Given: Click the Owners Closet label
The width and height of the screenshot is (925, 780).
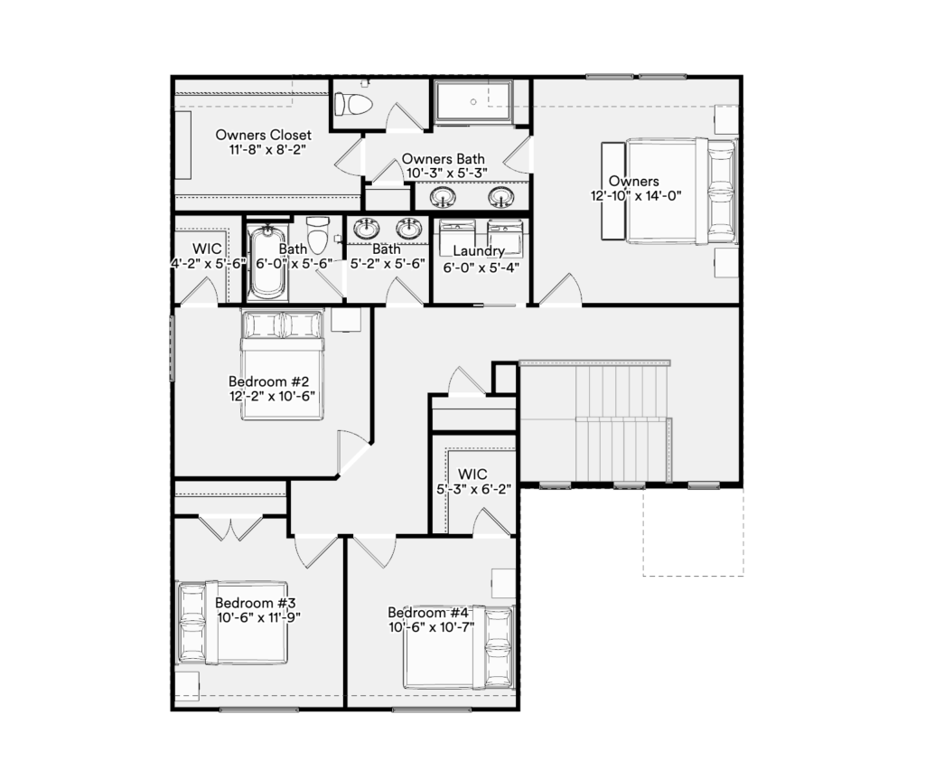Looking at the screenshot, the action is [x=263, y=136].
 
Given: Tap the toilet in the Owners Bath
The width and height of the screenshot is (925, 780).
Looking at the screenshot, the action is [x=353, y=105].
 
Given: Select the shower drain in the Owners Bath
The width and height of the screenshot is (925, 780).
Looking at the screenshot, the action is [x=473, y=101].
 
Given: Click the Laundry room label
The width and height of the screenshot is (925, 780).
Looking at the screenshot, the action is [x=479, y=251].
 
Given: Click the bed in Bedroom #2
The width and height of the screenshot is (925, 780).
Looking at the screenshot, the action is [x=282, y=365].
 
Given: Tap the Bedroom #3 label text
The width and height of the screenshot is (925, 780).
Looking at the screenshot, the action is [x=255, y=603].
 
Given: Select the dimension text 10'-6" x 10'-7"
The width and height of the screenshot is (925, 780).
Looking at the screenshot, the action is [x=431, y=627].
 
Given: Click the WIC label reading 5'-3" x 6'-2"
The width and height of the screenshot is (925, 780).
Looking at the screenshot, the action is [x=473, y=481].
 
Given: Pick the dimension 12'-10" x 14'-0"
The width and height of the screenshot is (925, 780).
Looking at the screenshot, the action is [x=636, y=195].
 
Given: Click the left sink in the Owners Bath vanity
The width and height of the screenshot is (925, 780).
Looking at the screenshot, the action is [x=443, y=197].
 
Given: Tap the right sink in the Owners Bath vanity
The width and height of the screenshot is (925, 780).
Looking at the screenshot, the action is [x=500, y=197].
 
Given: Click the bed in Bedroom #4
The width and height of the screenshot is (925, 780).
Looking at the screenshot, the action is [x=458, y=647].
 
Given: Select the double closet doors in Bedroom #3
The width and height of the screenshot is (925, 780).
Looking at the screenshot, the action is [x=230, y=528].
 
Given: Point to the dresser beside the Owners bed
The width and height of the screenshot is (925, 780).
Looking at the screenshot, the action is [x=613, y=190].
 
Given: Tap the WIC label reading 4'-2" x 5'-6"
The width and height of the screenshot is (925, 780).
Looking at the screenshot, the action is [x=208, y=257].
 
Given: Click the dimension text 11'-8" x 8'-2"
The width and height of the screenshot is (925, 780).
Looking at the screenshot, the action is [x=267, y=149].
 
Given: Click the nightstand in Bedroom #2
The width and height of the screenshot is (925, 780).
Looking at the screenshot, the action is [x=346, y=319].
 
